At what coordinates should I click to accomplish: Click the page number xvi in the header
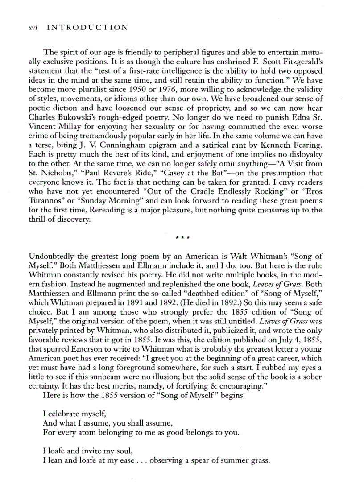click(x=32, y=28)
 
